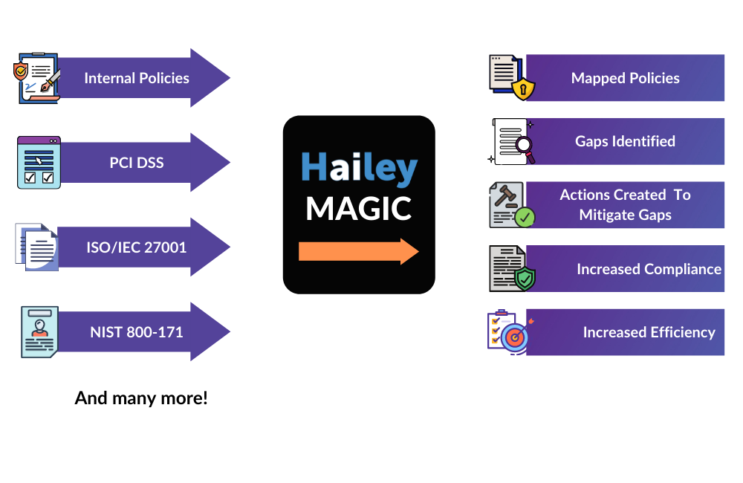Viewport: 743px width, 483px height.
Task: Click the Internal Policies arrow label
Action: point(137,78)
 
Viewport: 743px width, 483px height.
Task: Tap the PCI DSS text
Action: point(137,163)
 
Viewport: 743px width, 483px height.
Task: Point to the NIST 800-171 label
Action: point(137,332)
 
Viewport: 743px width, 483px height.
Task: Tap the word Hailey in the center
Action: point(360,170)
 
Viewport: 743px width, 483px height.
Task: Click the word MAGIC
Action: point(359,209)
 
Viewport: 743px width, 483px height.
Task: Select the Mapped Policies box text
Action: point(625,78)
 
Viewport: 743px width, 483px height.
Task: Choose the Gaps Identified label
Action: point(625,141)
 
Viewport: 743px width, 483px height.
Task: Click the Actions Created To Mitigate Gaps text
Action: point(625,205)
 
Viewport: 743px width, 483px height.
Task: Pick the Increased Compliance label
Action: point(649,269)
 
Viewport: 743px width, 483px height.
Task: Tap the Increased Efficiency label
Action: point(649,332)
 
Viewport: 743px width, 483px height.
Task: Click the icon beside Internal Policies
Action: point(37,78)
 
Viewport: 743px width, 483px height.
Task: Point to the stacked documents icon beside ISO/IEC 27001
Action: point(36,247)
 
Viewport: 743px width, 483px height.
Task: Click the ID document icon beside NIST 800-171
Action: point(39,331)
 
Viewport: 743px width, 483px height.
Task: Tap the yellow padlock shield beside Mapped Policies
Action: point(524,90)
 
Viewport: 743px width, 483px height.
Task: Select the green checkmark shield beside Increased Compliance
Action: point(524,279)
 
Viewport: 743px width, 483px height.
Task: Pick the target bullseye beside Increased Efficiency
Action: point(513,337)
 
